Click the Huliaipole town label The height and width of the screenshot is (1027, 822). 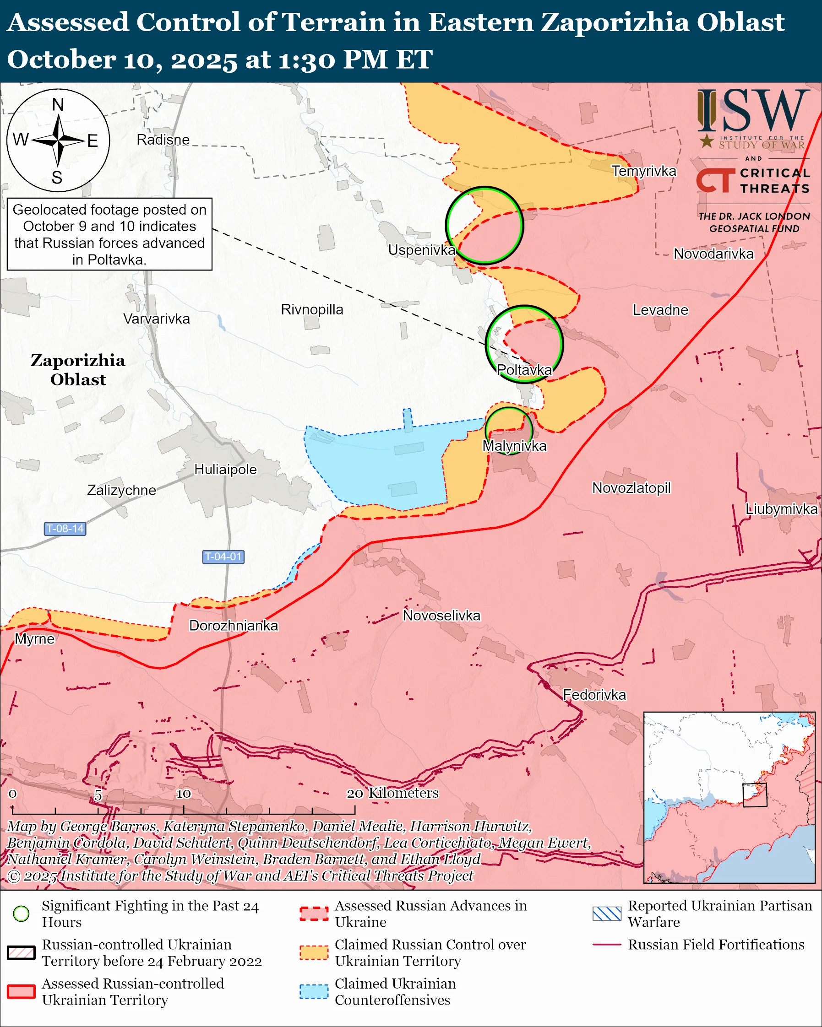click(225, 470)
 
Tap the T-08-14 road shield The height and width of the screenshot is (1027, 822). click(65, 529)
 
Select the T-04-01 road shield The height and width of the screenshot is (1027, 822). click(223, 557)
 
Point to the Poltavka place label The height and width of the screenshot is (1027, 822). click(524, 370)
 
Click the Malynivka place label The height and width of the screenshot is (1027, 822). click(514, 446)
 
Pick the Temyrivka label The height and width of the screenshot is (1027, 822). click(643, 171)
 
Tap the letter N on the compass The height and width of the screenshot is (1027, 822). click(58, 105)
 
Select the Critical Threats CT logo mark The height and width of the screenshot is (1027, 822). click(715, 180)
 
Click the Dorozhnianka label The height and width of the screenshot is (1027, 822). click(234, 626)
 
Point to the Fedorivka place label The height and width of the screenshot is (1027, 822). click(594, 695)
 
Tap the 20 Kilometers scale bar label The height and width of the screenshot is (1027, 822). click(392, 793)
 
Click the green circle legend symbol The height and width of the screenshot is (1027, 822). click(22, 913)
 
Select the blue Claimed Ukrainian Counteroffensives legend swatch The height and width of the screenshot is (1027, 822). click(314, 992)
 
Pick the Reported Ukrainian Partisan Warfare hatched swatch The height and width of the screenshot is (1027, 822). click(607, 913)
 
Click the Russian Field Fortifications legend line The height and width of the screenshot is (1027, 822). click(607, 945)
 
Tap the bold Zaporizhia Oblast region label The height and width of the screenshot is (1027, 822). click(78, 370)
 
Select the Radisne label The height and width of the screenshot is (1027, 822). click(163, 140)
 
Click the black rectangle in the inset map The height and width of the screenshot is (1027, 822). click(755, 795)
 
